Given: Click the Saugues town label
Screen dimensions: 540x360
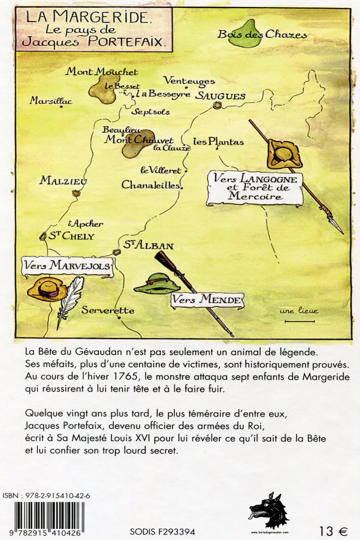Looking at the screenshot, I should [x=220, y=96].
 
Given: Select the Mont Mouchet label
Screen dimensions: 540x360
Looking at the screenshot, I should [x=101, y=72].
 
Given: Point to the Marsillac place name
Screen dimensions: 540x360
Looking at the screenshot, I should [x=51, y=101].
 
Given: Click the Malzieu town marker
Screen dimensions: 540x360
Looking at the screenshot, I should [x=77, y=193].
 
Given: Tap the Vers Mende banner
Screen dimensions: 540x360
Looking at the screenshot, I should [x=207, y=300].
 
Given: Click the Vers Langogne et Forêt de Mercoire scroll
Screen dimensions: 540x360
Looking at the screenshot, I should [x=255, y=187].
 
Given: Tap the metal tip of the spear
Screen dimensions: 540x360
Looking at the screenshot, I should [x=336, y=226].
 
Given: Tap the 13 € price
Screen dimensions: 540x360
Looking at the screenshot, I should [x=333, y=531].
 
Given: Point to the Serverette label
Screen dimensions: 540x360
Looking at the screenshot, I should [x=108, y=311].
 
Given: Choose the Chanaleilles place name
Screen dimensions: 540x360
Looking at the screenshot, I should [x=152, y=185].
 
